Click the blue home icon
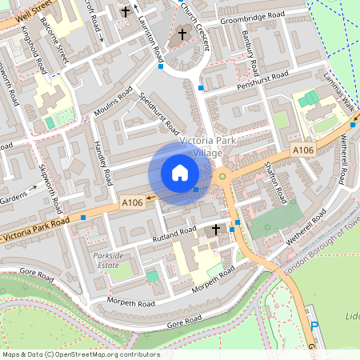(x=180, y=172)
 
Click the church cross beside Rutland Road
(x=214, y=230)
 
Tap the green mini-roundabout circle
(x=223, y=175)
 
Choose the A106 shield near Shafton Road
(x=302, y=150)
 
